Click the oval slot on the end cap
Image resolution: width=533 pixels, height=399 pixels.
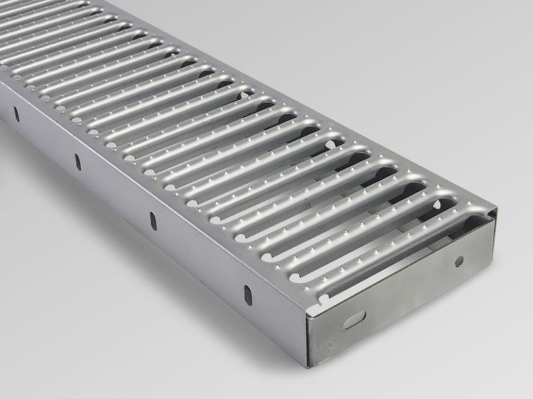pyautogui.click(x=354, y=320)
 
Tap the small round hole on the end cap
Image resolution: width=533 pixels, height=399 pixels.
pyautogui.click(x=459, y=261)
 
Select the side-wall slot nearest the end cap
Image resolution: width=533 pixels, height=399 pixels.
pyautogui.click(x=247, y=293)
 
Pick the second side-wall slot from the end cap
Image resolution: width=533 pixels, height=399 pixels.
pyautogui.click(x=153, y=221)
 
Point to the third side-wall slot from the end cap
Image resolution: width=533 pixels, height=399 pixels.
pyautogui.click(x=78, y=161)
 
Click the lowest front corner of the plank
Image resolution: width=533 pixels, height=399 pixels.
pyautogui.click(x=307, y=366)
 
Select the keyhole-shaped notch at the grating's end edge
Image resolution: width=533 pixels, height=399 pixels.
pyautogui.click(x=322, y=299)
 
